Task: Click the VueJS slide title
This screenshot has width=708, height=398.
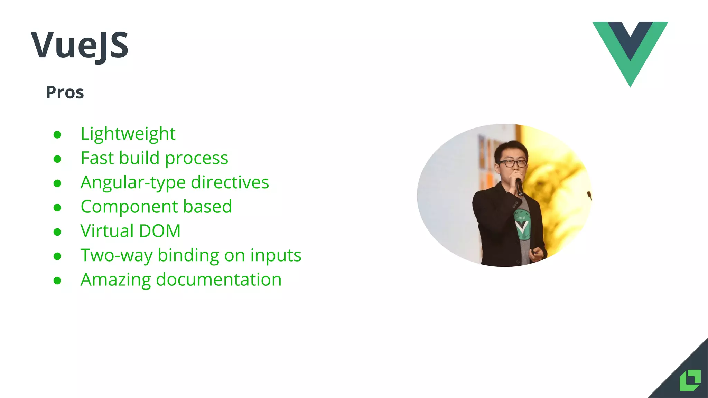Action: tap(80, 45)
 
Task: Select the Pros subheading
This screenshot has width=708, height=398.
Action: tap(65, 93)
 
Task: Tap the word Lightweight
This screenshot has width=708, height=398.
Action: tap(128, 134)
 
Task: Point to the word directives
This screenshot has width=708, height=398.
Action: tap(230, 182)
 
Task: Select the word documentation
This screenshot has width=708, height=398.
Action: tap(218, 279)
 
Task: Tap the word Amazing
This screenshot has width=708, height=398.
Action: tap(115, 280)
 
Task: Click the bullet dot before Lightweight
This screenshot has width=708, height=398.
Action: tap(57, 135)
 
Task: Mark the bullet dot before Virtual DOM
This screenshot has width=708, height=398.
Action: tap(57, 232)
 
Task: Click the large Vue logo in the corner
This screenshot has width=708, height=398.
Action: tap(630, 48)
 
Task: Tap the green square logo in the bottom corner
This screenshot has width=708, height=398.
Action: tap(690, 380)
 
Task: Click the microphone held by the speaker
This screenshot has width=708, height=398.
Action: tap(520, 187)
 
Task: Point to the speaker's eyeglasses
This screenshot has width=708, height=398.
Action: tap(512, 163)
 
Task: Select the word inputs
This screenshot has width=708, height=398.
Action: tap(276, 256)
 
